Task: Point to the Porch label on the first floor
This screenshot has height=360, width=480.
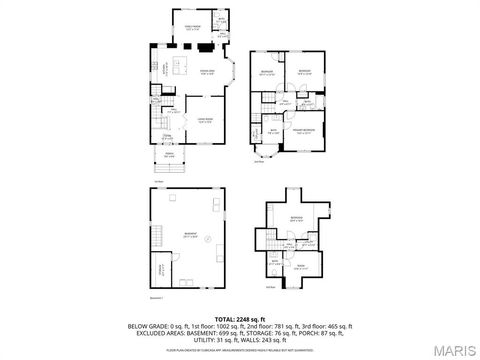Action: coord(169,155)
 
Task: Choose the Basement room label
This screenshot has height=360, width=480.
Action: coord(189,236)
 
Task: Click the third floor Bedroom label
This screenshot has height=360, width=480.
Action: coord(296,217)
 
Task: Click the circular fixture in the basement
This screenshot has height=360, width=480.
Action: coord(207,240)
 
